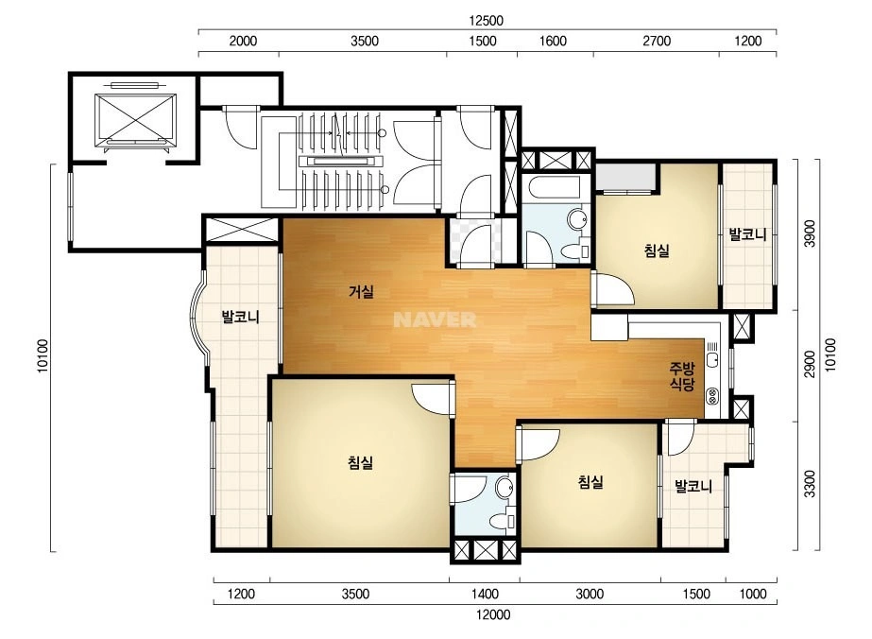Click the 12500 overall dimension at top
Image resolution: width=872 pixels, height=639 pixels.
pos(486,21)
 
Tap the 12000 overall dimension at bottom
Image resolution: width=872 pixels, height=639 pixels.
pos(493,614)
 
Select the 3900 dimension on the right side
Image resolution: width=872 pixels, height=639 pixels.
pos(811,233)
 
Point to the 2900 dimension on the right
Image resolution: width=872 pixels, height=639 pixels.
pos(811,364)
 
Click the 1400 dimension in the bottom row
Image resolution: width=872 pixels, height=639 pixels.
pos(485,594)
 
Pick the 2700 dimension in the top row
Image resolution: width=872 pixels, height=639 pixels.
pos(657,41)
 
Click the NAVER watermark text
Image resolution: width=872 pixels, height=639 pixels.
pos(435,319)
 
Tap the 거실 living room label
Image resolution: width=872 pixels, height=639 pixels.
pos(362,291)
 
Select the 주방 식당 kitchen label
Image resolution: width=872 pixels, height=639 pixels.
pos(682,375)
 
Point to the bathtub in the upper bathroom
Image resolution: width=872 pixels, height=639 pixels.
pos(554,187)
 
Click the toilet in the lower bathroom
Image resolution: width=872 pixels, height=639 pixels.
pos(503,520)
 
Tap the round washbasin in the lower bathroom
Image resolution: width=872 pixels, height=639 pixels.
pos(504,488)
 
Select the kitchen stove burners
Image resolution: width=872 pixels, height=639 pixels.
pos(713,396)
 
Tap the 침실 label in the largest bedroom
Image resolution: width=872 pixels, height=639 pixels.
pos(360,462)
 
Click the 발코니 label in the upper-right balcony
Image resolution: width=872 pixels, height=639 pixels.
pos(748,234)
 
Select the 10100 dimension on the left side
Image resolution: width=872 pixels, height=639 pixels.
pos(43,356)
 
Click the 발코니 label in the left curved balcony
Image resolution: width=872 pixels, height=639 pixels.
pos(241,318)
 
